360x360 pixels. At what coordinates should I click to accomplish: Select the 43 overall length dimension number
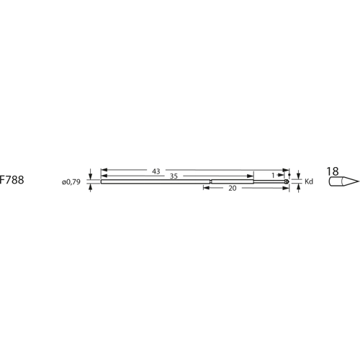click(156, 171)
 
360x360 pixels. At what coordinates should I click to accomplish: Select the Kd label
click(310, 181)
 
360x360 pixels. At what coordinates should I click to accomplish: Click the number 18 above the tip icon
click(332, 171)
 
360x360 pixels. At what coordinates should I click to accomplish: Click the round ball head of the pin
click(288, 181)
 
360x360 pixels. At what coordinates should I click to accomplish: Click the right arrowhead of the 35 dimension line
click(252, 176)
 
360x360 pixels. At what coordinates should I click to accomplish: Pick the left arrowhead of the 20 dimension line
click(205, 188)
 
